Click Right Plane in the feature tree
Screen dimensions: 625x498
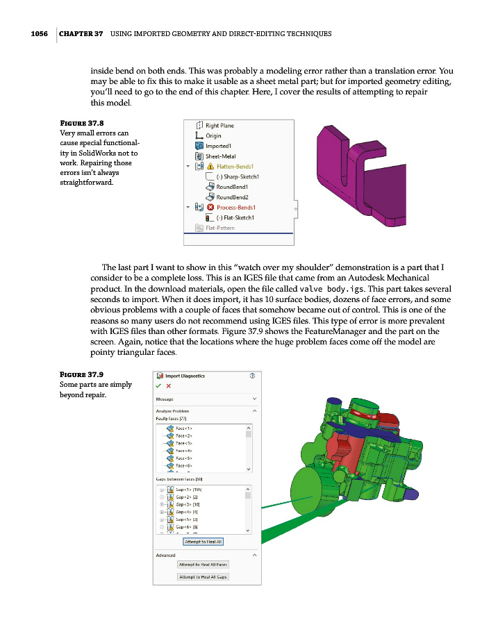coord(219,126)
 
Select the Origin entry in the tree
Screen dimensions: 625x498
coord(213,136)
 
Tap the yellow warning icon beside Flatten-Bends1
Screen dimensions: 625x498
coord(209,167)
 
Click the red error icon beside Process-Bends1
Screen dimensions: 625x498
coord(209,207)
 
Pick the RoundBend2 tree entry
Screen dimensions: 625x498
coord(232,197)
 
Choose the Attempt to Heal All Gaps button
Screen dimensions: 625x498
coord(202,577)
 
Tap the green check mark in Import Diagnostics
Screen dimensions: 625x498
coord(158,386)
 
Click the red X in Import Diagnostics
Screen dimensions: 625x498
coord(169,386)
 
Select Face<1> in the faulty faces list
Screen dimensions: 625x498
coord(183,428)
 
